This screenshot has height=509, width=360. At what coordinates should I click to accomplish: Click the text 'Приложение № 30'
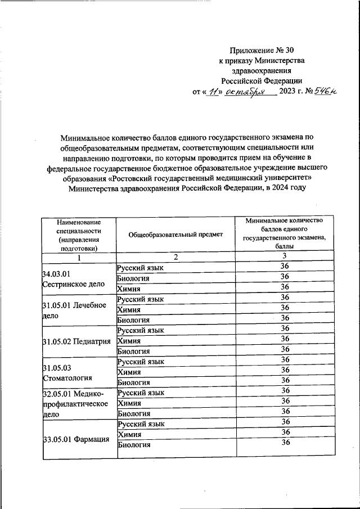(x=262, y=51)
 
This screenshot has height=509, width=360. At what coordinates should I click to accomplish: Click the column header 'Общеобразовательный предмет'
(x=175, y=235)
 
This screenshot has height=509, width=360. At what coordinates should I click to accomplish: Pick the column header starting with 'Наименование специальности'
(x=79, y=235)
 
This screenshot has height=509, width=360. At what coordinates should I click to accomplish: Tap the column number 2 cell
(x=175, y=257)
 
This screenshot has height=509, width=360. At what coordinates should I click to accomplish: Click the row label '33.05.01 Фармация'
(x=76, y=439)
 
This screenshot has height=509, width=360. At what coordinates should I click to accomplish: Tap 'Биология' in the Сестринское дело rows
(x=133, y=277)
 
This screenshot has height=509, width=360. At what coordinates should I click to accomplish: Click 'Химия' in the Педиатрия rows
(x=129, y=340)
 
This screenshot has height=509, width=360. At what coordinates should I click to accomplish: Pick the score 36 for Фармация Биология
(x=285, y=443)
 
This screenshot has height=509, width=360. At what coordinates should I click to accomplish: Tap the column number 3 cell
(x=285, y=256)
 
